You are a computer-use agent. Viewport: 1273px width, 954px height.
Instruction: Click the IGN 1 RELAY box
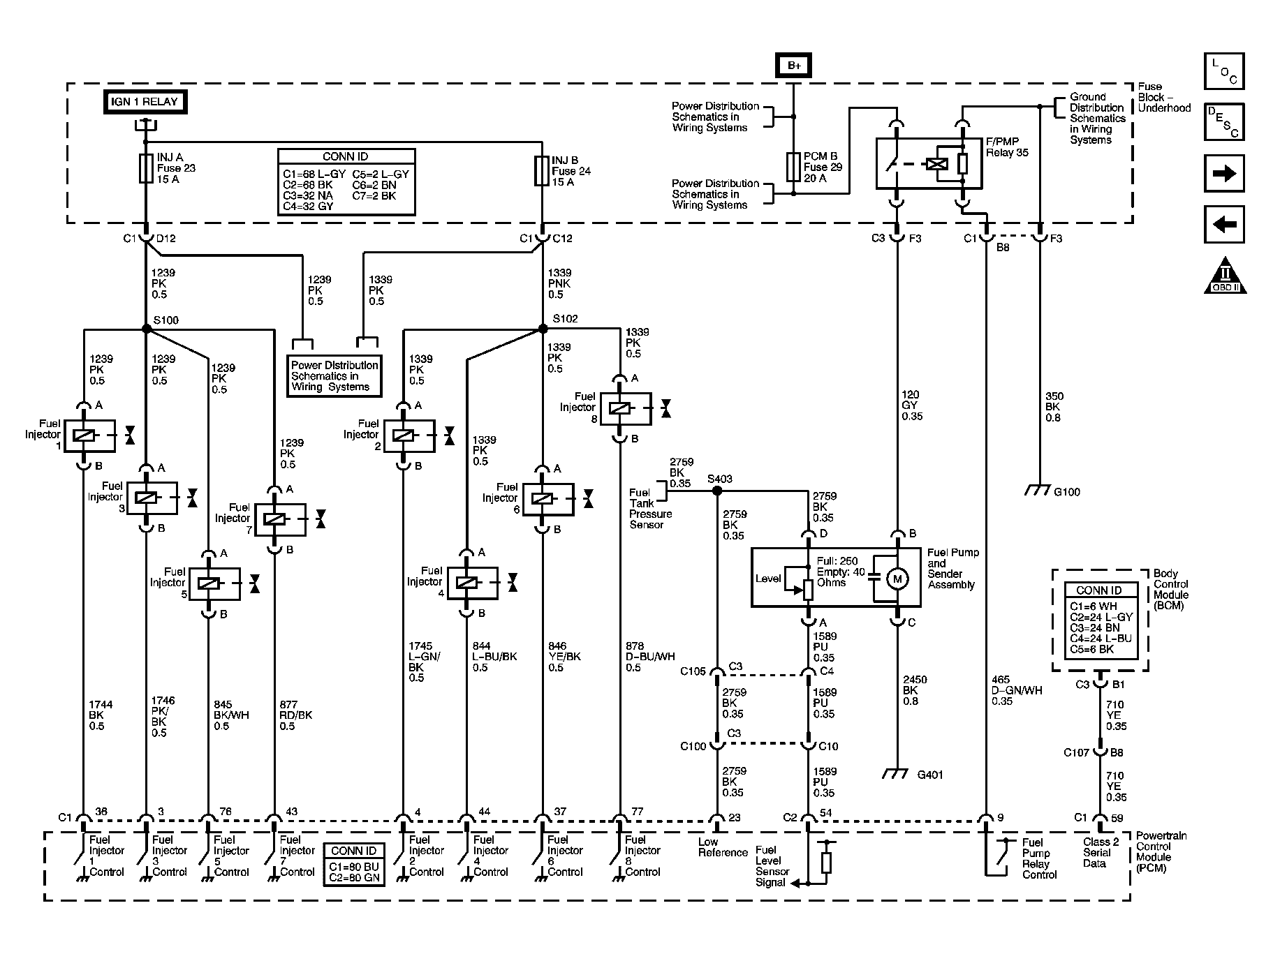point(145,102)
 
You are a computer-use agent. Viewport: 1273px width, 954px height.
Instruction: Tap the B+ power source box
point(794,66)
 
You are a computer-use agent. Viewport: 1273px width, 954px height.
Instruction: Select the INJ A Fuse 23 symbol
point(146,169)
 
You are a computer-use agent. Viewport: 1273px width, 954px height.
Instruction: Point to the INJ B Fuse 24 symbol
point(542,171)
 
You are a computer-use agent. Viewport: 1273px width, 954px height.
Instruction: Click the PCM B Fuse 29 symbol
point(793,167)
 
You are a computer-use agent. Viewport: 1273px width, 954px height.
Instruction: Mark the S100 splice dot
point(146,329)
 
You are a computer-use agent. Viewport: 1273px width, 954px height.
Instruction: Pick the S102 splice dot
point(543,328)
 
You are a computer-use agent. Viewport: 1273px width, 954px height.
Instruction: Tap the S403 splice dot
point(717,491)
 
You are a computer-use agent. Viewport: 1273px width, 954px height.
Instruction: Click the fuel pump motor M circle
point(897,579)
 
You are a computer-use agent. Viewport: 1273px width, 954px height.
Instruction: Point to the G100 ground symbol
point(1038,491)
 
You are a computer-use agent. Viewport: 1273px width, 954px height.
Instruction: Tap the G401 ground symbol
point(897,774)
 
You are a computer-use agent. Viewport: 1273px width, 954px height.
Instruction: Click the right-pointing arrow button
point(1224,174)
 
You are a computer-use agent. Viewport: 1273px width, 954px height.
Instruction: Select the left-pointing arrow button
point(1224,225)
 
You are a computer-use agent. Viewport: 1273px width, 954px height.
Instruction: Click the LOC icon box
point(1224,71)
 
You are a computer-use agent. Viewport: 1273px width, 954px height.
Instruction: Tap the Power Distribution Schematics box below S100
point(334,376)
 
